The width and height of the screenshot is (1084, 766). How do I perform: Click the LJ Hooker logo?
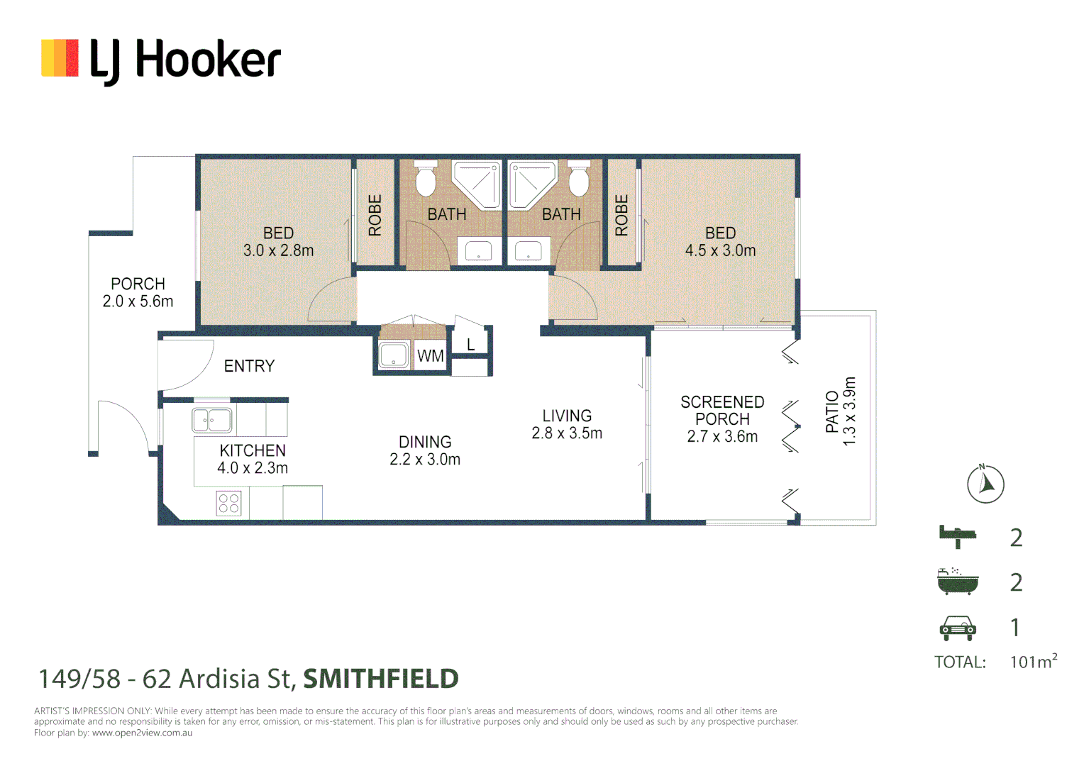[161, 60]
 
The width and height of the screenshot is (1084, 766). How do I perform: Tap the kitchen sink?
[212, 420]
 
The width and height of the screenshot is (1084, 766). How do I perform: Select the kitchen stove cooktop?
[228, 503]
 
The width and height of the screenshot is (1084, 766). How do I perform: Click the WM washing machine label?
[430, 356]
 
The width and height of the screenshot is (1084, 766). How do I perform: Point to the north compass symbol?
[985, 484]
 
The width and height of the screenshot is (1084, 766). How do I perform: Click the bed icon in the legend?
[957, 537]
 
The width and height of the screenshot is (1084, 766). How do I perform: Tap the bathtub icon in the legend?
[957, 582]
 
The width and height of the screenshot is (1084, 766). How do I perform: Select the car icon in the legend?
[957, 627]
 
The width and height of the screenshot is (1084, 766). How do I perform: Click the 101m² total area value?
[1033, 662]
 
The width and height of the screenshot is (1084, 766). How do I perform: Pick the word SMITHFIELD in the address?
[381, 679]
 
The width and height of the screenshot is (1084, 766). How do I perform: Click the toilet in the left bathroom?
[425, 180]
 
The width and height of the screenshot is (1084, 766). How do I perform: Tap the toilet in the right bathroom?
[579, 180]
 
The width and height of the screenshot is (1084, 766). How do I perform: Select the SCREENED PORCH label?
[722, 411]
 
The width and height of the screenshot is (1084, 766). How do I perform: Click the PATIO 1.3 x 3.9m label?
[841, 411]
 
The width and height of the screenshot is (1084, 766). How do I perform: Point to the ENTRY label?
[249, 366]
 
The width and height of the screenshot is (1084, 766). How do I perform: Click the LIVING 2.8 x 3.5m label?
[567, 424]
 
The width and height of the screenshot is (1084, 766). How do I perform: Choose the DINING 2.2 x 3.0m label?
[425, 450]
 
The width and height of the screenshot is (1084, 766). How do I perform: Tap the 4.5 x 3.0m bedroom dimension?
[720, 250]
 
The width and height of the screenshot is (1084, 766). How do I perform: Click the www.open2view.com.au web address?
[142, 733]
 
